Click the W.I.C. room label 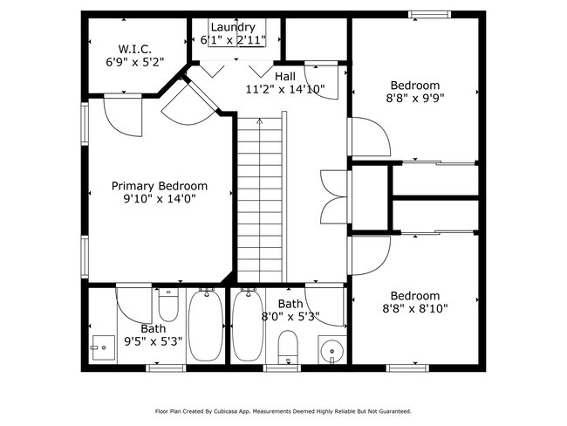(x=136, y=49)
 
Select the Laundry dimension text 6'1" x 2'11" (x=233, y=40)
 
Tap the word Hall (x=284, y=76)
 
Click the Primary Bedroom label (x=160, y=186)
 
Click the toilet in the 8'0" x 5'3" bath (x=287, y=352)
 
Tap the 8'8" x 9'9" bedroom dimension (x=415, y=99)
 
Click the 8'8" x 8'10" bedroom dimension (x=415, y=308)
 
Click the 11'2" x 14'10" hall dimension (x=284, y=89)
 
